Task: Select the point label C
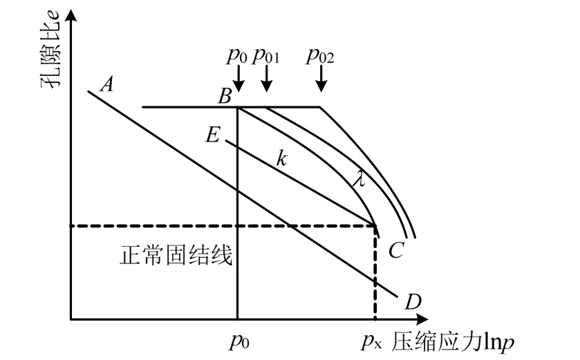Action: click(395, 251)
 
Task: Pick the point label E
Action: click(212, 134)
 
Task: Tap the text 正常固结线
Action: click(176, 258)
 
